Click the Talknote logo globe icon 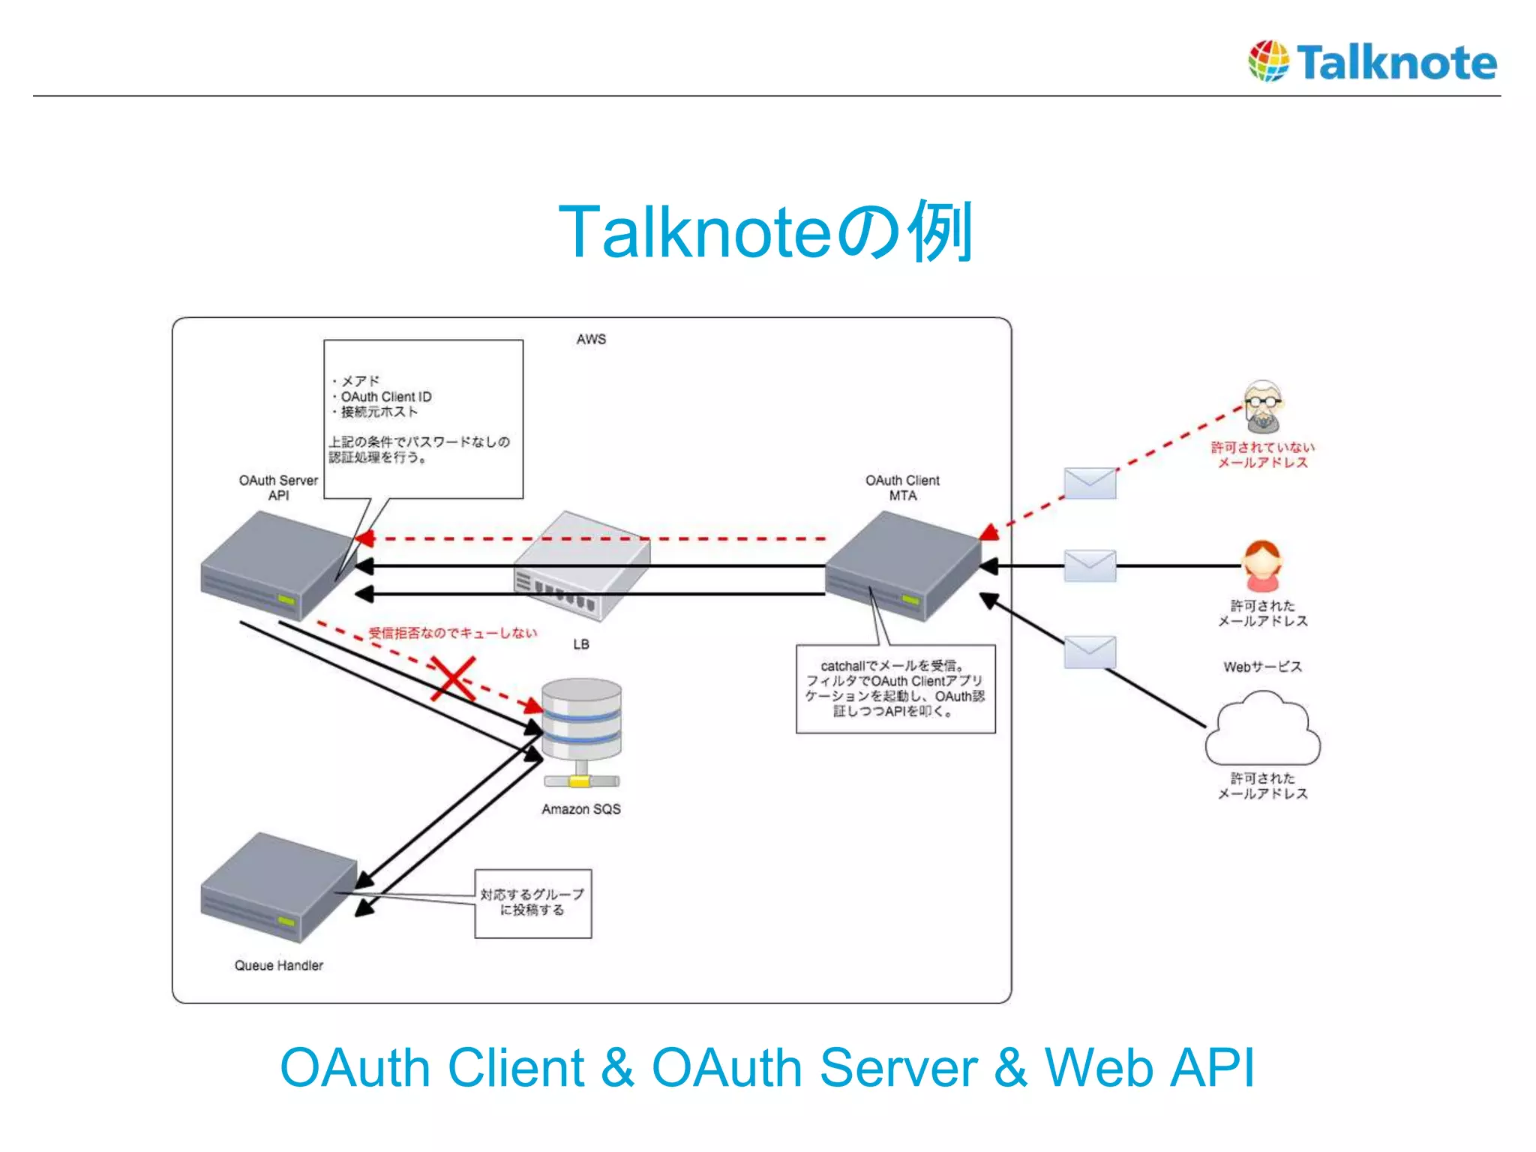(1268, 61)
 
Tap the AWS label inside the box (591, 339)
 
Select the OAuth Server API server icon (274, 566)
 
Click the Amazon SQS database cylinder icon (581, 720)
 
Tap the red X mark (453, 679)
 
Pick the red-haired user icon (1262, 566)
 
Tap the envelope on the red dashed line (1090, 483)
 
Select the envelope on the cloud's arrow (1090, 652)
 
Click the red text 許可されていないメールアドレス (1262, 454)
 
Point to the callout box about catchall (895, 688)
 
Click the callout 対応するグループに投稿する (532, 903)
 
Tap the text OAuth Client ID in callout (385, 396)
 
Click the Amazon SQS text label (581, 809)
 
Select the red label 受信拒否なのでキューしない (452, 633)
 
